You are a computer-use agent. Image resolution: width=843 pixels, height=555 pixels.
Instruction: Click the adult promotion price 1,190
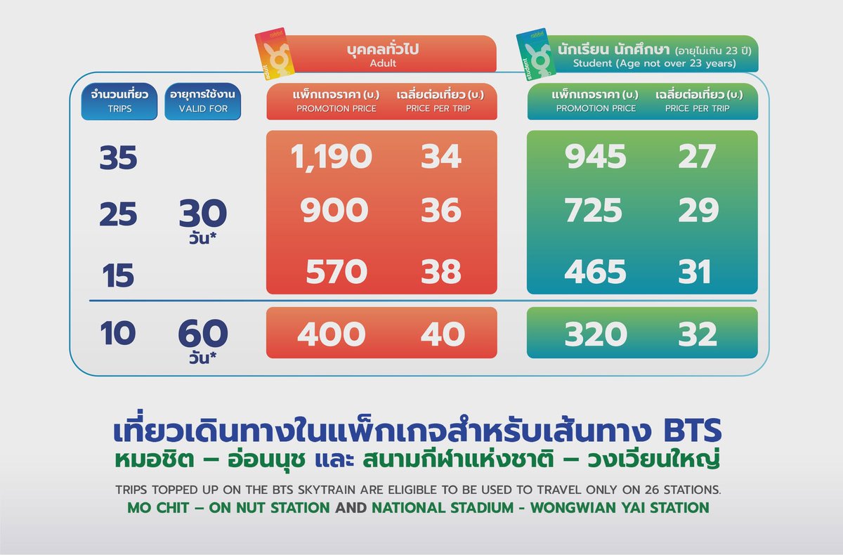(332, 157)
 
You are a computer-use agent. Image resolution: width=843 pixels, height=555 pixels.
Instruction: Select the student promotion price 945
(595, 157)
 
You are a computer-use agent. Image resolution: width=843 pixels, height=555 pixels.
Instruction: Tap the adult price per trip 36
(441, 211)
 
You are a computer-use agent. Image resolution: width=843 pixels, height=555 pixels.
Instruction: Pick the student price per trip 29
(698, 211)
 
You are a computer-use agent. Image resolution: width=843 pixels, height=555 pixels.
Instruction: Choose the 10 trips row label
(117, 332)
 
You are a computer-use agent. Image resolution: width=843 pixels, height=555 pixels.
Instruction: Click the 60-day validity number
(203, 332)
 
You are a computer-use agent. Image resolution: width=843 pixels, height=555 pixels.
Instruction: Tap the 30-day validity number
(203, 212)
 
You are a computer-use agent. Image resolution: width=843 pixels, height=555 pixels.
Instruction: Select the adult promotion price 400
(332, 334)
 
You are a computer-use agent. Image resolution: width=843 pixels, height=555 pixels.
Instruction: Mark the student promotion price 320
(595, 334)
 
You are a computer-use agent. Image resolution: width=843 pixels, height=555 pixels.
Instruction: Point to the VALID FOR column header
(203, 101)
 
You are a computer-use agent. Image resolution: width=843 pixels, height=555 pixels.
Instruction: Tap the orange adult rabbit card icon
(275, 53)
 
